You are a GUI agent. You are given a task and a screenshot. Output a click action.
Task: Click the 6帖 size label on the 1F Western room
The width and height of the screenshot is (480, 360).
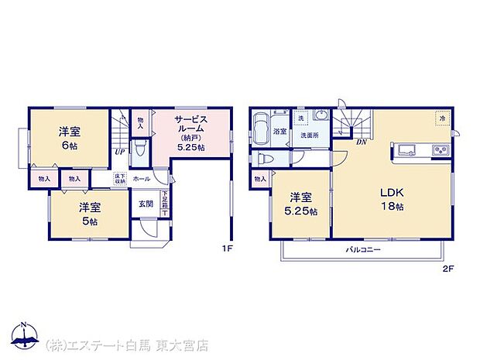tap(70, 146)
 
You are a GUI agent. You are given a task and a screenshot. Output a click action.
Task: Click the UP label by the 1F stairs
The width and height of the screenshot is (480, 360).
tap(120, 152)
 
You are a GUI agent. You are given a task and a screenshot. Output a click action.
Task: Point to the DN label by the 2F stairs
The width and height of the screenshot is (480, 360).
tap(361, 142)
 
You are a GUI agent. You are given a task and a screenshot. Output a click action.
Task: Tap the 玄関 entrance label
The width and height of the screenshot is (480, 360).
tap(146, 204)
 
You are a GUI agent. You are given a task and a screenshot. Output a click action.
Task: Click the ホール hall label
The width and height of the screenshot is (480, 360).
tap(142, 178)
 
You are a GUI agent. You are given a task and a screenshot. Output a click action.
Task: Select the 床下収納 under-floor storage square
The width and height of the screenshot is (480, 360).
tap(120, 179)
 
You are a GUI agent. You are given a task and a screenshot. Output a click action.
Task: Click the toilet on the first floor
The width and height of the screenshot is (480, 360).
tap(140, 148)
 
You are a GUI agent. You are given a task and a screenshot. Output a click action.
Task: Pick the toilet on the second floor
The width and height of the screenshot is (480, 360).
tap(265, 158)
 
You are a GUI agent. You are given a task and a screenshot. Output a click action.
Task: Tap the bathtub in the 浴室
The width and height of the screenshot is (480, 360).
tap(261, 124)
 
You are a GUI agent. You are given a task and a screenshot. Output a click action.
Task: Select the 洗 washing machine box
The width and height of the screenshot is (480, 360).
tap(300, 118)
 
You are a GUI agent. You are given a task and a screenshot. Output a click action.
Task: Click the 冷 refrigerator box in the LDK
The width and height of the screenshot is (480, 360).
tap(443, 118)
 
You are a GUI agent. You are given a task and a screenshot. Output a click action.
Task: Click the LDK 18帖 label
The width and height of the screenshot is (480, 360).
tap(392, 199)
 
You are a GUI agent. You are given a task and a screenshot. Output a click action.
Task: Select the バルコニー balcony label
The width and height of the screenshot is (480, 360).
tap(362, 249)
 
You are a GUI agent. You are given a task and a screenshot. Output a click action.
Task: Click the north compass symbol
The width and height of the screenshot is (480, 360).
tap(24, 335)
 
